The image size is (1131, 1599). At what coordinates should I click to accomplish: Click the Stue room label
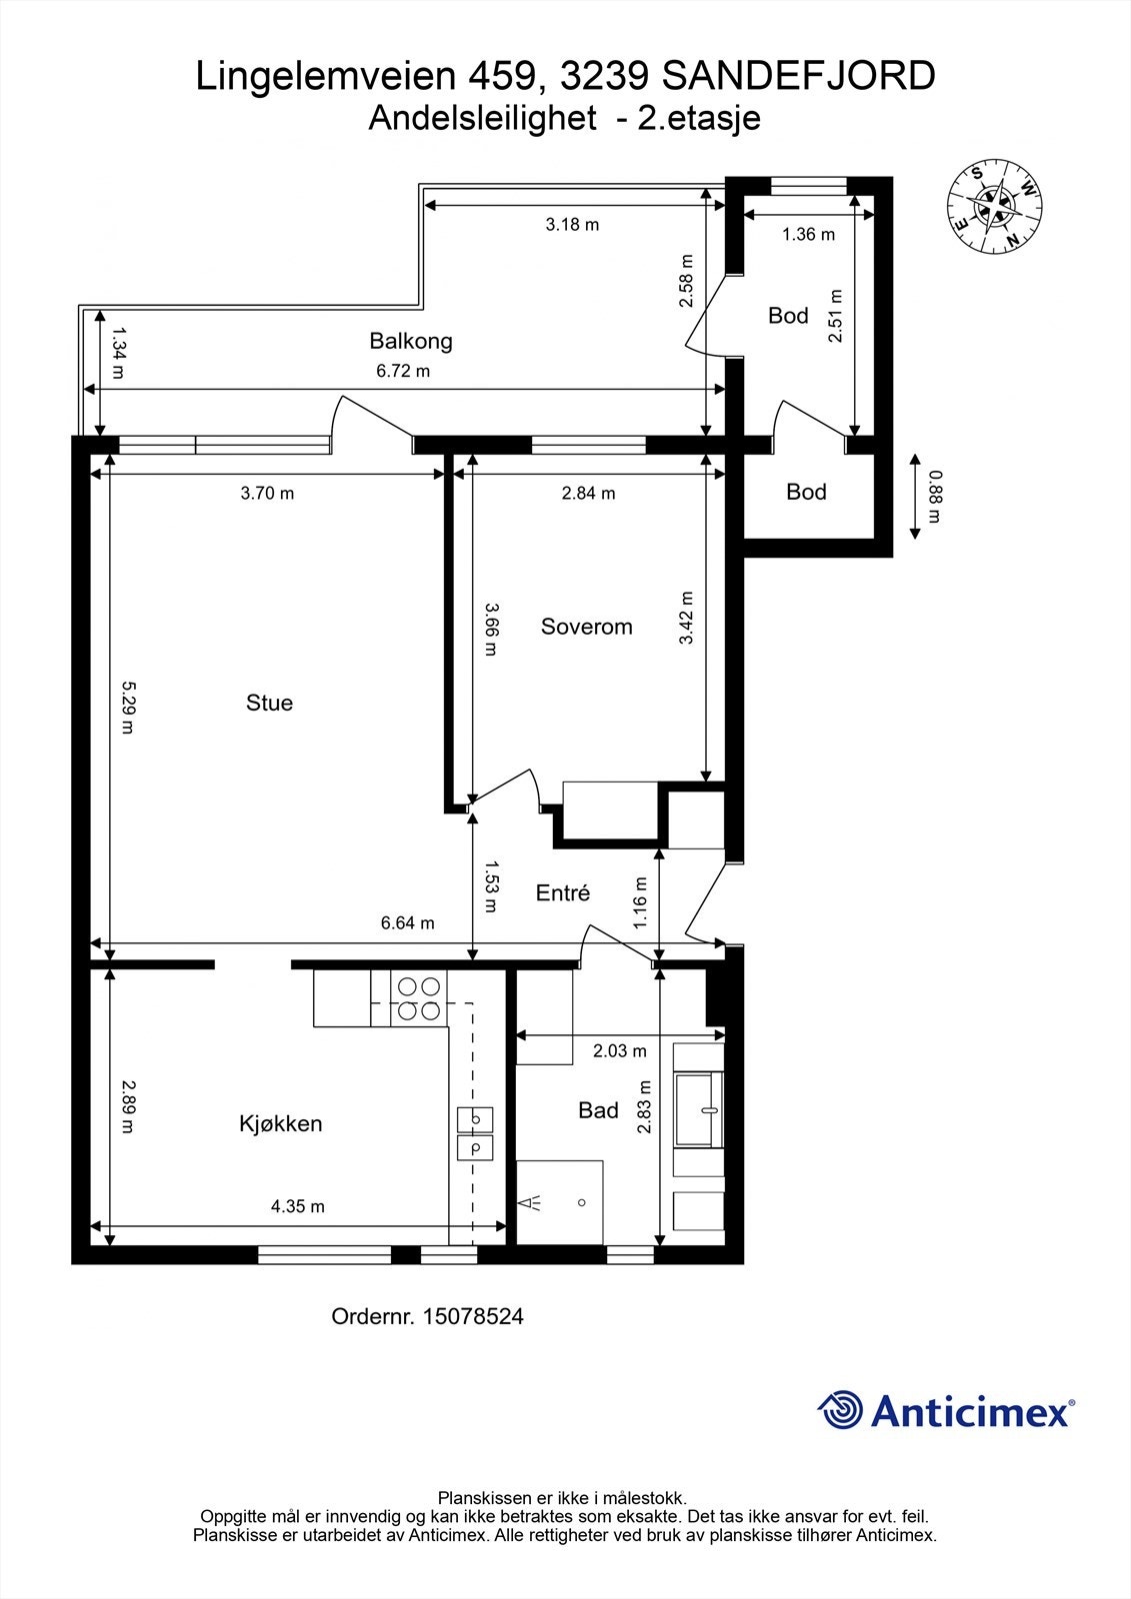(x=269, y=703)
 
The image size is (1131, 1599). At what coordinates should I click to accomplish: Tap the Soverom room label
(x=586, y=627)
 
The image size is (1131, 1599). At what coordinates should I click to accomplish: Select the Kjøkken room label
(x=280, y=1123)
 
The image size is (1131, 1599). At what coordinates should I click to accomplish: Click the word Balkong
(x=411, y=341)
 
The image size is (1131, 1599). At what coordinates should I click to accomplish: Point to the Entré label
(x=563, y=893)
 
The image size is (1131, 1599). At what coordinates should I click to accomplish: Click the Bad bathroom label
(x=598, y=1110)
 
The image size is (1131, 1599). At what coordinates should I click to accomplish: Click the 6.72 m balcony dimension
(x=403, y=371)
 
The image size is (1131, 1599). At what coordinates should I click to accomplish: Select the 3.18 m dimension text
(x=572, y=224)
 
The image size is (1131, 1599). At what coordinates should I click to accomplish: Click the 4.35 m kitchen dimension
(x=298, y=1206)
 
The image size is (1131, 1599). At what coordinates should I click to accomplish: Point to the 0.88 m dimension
(x=934, y=497)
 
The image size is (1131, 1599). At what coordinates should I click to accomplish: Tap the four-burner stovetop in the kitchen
(x=419, y=998)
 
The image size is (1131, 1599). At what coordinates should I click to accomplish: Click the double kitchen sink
(x=475, y=1133)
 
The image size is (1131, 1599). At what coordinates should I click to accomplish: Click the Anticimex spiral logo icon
(x=840, y=1411)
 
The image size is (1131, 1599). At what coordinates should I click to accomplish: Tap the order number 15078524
(x=473, y=1316)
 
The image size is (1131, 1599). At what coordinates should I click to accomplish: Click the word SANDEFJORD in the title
(x=799, y=76)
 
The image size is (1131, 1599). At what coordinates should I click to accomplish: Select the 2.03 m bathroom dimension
(x=619, y=1050)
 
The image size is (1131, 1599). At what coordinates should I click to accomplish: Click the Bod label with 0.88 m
(x=806, y=492)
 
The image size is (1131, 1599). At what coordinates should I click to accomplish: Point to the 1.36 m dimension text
(x=808, y=235)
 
